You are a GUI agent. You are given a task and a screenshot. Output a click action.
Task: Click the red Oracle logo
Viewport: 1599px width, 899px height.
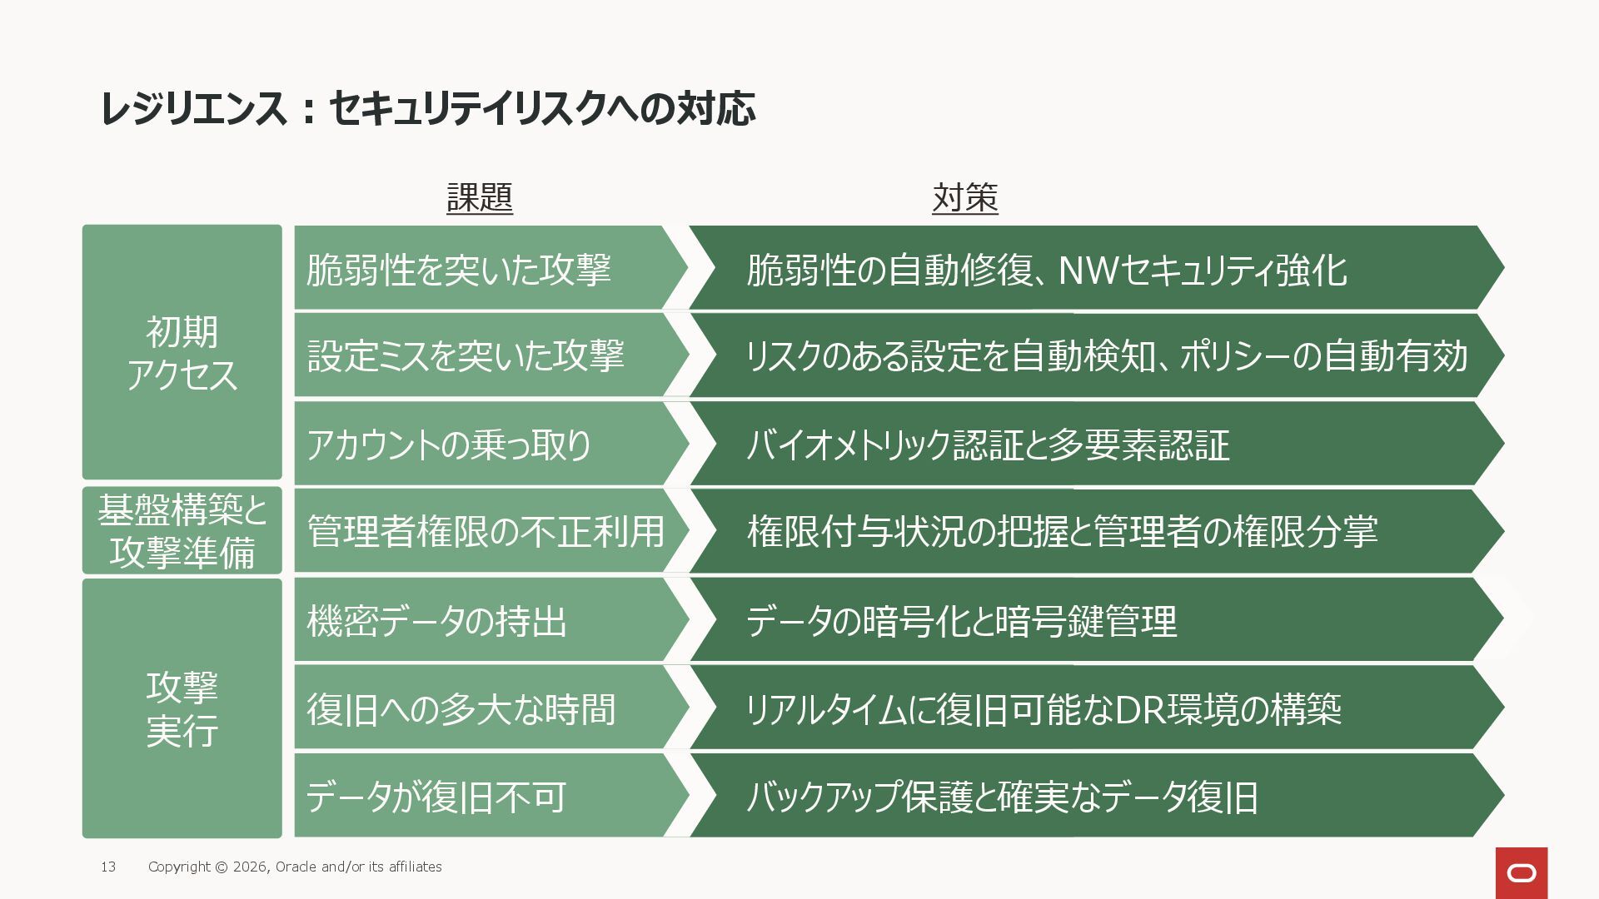(x=1521, y=872)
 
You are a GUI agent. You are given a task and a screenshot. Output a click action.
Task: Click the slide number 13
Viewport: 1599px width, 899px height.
(x=108, y=867)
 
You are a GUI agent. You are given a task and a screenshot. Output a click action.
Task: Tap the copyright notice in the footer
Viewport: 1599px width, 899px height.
(x=295, y=867)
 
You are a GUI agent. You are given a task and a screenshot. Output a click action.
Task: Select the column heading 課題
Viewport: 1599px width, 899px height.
(x=480, y=198)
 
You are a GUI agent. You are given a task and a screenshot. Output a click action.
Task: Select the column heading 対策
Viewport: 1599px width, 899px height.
(x=964, y=198)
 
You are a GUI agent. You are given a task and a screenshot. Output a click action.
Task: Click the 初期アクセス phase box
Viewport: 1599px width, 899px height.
(x=182, y=352)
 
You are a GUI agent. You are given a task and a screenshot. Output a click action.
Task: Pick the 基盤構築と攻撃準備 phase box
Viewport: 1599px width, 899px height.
(x=182, y=530)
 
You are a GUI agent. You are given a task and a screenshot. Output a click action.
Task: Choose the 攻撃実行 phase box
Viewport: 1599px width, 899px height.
(x=182, y=708)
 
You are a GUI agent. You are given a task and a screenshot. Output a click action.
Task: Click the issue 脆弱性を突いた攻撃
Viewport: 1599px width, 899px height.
(x=459, y=270)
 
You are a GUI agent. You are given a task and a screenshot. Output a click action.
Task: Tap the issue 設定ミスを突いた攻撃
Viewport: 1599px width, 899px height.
(x=466, y=356)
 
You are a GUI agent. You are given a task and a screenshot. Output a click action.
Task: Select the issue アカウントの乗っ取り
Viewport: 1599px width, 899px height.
(x=449, y=445)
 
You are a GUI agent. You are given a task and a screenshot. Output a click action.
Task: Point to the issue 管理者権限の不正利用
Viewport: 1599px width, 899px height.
(x=486, y=532)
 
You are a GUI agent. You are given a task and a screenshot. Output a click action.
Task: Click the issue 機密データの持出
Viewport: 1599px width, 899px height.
(x=436, y=621)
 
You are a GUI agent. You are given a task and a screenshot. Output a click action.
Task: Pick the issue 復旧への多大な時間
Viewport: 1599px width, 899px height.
(x=461, y=709)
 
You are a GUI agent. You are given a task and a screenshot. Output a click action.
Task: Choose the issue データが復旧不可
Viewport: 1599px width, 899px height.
(x=436, y=797)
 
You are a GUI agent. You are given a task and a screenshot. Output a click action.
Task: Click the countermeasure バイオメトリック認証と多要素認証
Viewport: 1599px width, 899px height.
(x=988, y=445)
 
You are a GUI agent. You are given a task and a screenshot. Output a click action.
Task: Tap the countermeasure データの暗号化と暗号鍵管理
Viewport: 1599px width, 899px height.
(x=961, y=621)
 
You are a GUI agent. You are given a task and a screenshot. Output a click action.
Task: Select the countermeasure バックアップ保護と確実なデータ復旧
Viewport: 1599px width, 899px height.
(x=1002, y=797)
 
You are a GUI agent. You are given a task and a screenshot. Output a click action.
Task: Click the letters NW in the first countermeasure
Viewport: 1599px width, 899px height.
(x=1088, y=270)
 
